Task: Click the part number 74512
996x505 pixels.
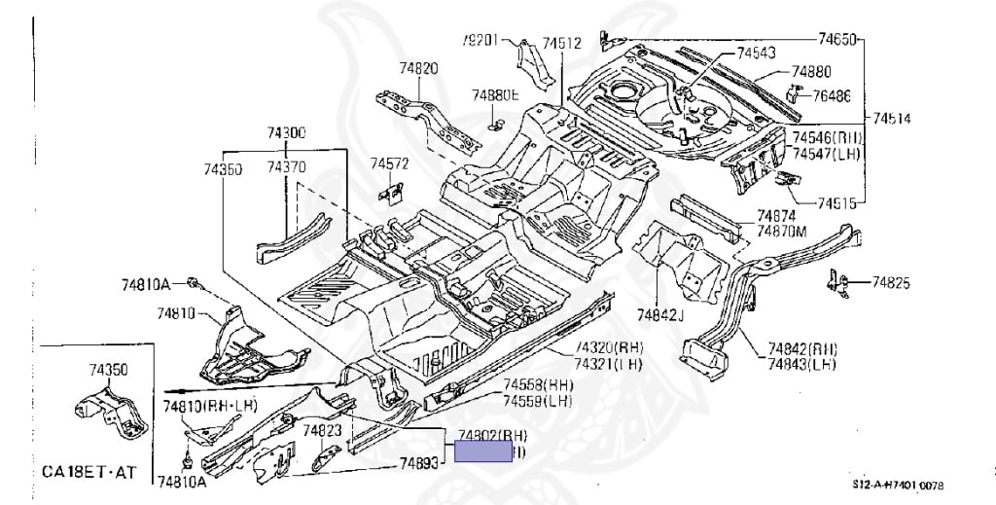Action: click(x=562, y=43)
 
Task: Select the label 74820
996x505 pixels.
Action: click(x=418, y=68)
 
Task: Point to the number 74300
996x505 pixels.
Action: click(x=287, y=133)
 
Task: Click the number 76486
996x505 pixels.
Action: click(x=832, y=95)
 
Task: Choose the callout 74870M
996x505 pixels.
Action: click(x=782, y=231)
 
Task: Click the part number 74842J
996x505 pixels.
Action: click(x=661, y=313)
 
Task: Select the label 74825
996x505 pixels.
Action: click(x=891, y=283)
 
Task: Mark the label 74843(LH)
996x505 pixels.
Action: click(x=802, y=364)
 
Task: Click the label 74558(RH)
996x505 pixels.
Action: click(x=538, y=384)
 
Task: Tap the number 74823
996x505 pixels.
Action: click(x=321, y=430)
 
